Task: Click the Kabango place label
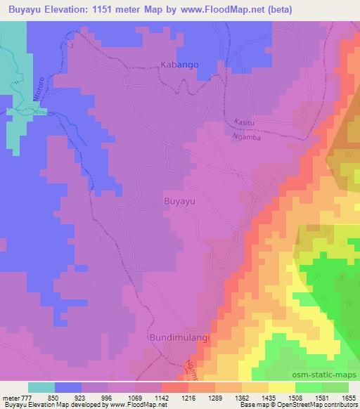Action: click(180, 64)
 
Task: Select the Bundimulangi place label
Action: click(180, 338)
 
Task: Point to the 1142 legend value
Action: click(162, 398)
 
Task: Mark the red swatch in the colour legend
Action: click(174, 387)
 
